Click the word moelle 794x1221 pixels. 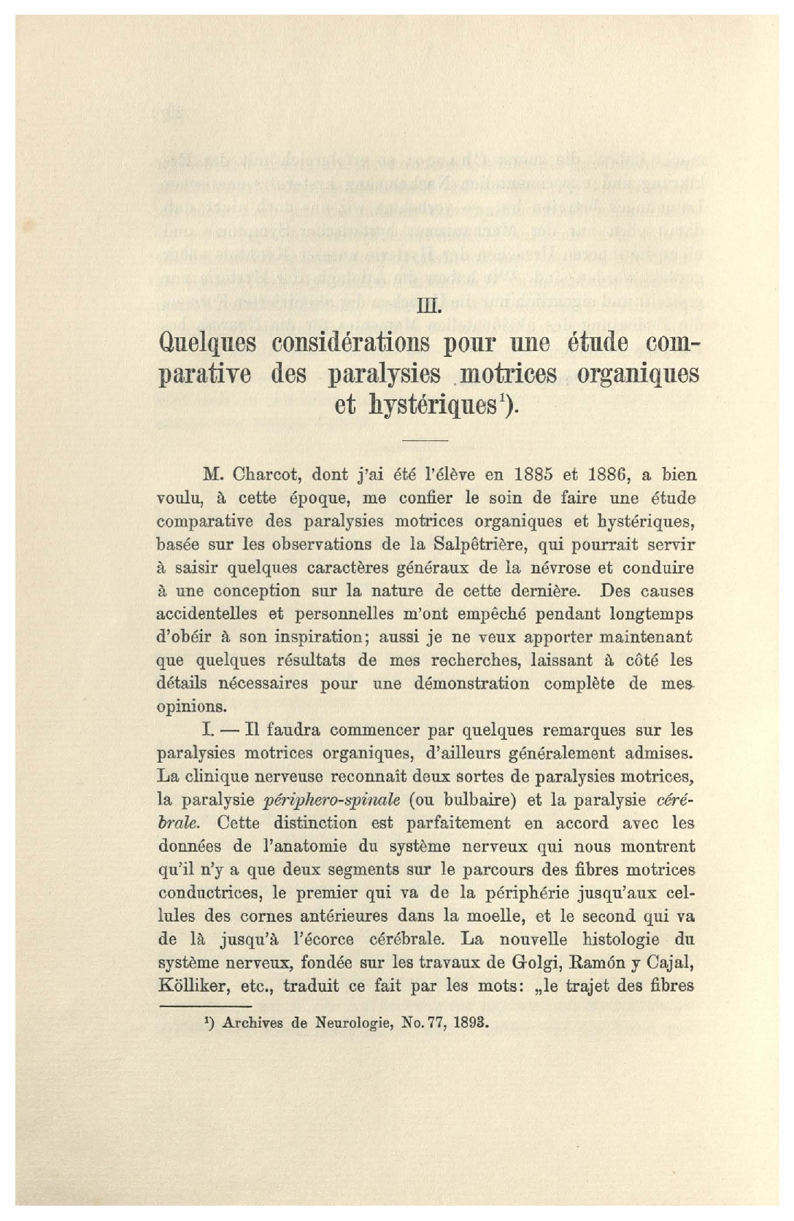coord(499,916)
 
